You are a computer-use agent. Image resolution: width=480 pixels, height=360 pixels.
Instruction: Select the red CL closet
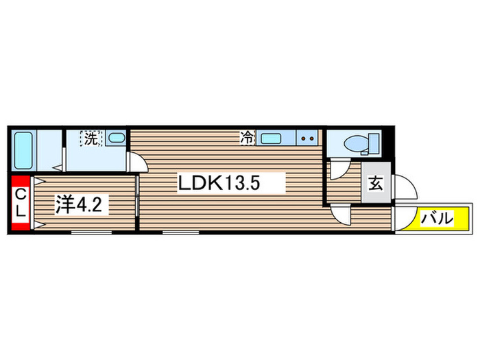(x=21, y=202)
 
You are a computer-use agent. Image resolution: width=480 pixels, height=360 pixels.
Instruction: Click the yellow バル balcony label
(x=437, y=218)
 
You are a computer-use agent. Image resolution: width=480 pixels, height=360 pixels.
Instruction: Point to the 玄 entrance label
(x=376, y=183)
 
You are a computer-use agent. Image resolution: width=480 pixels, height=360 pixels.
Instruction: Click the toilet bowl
(x=357, y=143)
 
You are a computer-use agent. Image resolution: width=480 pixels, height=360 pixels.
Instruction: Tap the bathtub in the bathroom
(x=23, y=151)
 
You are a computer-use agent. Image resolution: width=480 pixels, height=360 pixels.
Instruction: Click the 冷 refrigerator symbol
(x=248, y=137)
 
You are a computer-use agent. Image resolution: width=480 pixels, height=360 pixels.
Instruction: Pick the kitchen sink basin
(x=271, y=139)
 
